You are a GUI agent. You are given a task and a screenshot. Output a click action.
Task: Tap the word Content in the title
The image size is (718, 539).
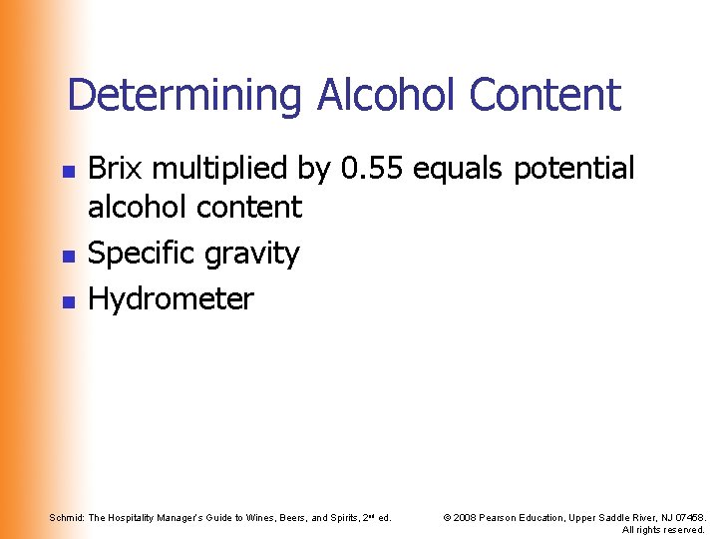pyautogui.click(x=544, y=96)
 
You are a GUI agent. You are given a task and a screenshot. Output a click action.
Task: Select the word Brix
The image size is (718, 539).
pyautogui.click(x=112, y=169)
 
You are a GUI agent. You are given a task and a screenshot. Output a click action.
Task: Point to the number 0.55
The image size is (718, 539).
pyautogui.click(x=371, y=169)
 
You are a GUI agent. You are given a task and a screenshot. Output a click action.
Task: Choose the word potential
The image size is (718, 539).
pyautogui.click(x=573, y=170)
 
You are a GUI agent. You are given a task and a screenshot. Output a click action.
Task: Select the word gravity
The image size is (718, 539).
pyautogui.click(x=249, y=256)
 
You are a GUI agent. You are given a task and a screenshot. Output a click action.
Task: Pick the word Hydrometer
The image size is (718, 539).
pyautogui.click(x=172, y=298)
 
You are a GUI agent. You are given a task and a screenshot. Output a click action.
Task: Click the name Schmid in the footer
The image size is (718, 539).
pyautogui.click(x=67, y=517)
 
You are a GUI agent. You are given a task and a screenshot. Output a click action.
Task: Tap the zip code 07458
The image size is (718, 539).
pyautogui.click(x=688, y=517)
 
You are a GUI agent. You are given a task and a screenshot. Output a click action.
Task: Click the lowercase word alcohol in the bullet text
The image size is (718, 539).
pyautogui.click(x=137, y=208)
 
